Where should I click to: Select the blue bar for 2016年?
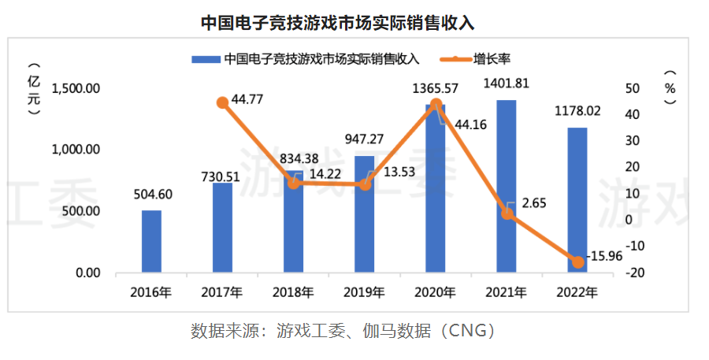[151, 241]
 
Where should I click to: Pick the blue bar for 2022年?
[577, 200]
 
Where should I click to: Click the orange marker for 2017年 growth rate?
[223, 102]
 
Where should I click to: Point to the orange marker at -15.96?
[577, 262]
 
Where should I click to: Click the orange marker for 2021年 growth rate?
[507, 213]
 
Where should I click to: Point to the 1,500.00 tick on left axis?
[76, 88]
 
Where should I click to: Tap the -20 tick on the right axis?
[635, 273]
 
